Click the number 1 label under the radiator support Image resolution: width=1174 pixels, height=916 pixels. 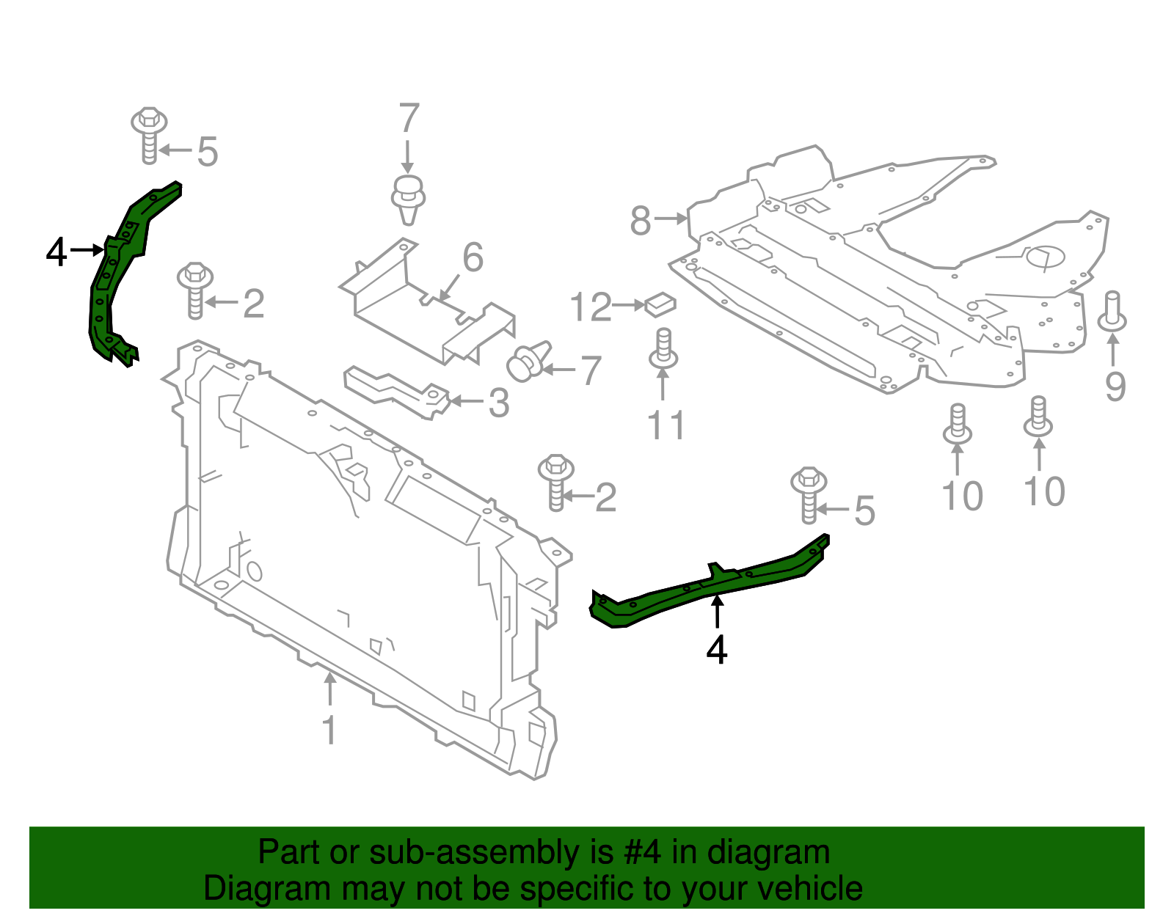329,730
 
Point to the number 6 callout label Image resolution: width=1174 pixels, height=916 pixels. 473,257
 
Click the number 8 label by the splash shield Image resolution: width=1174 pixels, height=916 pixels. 640,220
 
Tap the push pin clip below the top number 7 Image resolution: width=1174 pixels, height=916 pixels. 409,198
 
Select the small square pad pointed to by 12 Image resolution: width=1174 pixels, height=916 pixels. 660,303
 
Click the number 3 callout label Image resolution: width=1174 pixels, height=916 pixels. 499,403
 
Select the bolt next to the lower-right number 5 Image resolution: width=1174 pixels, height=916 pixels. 809,495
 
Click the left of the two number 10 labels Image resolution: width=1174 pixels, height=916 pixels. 962,497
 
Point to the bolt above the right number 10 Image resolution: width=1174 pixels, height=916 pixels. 1038,417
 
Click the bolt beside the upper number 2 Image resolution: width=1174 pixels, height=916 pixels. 195,290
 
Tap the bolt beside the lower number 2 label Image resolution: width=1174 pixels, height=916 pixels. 556,482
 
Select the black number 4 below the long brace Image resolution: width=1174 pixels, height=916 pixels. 716,650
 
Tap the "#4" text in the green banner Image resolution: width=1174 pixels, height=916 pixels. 642,853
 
